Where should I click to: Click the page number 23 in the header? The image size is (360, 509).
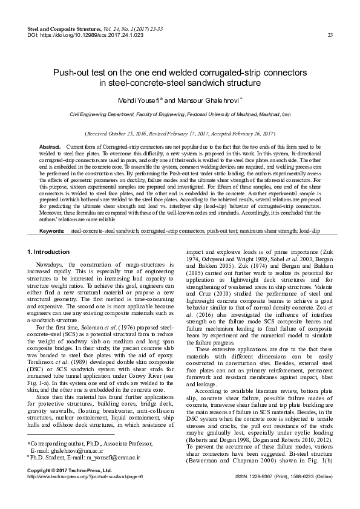330,35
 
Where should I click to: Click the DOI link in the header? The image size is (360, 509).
86,35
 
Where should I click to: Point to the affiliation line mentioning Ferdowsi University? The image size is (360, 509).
180,114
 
